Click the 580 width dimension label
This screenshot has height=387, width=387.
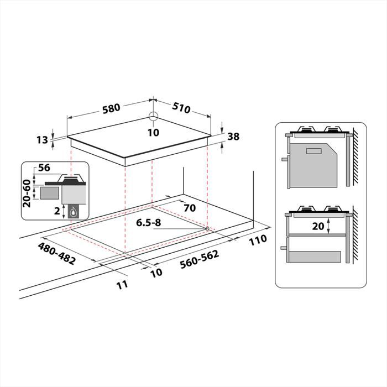(x=111, y=108)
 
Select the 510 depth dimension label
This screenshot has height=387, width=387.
(x=181, y=108)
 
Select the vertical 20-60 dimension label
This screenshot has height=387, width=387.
(x=26, y=193)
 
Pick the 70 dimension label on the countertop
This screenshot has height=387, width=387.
(x=189, y=209)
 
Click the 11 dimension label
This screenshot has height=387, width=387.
(x=122, y=284)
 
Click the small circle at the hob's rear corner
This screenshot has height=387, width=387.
(x=153, y=116)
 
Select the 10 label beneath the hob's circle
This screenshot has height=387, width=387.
(x=153, y=132)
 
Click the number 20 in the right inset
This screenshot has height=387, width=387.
(x=317, y=226)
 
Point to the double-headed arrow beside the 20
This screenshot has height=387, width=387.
(x=330, y=226)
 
